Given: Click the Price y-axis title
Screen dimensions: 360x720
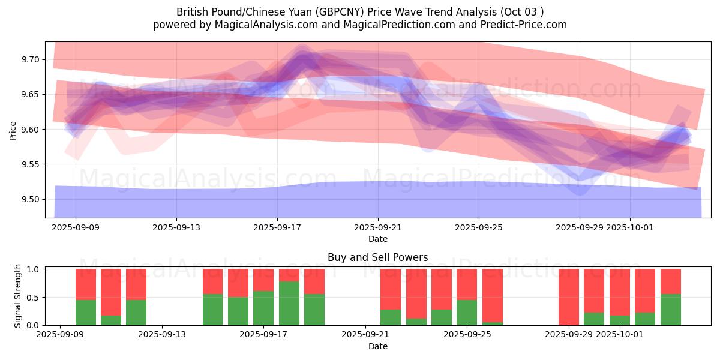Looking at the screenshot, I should click(13, 130).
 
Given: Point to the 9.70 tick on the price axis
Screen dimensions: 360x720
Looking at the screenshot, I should click(30, 59).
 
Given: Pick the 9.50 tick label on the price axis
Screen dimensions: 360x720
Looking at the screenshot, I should click(30, 199).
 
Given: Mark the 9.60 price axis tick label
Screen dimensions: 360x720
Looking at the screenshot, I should click(30, 130).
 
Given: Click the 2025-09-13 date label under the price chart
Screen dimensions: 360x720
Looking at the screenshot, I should click(176, 227).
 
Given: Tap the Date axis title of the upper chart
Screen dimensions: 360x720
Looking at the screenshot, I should click(378, 239).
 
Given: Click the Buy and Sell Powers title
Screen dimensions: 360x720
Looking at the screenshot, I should click(378, 257).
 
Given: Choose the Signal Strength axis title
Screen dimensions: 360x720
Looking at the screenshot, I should click(18, 296).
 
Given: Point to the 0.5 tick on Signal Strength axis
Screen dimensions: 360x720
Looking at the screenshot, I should click(33, 297).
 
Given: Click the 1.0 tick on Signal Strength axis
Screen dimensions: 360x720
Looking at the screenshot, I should click(33, 269).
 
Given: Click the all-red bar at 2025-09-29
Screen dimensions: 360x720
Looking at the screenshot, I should click(569, 297).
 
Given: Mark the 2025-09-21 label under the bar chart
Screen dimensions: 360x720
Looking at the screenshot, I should click(365, 335).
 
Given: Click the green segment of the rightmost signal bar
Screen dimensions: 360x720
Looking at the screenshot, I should click(670, 310).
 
